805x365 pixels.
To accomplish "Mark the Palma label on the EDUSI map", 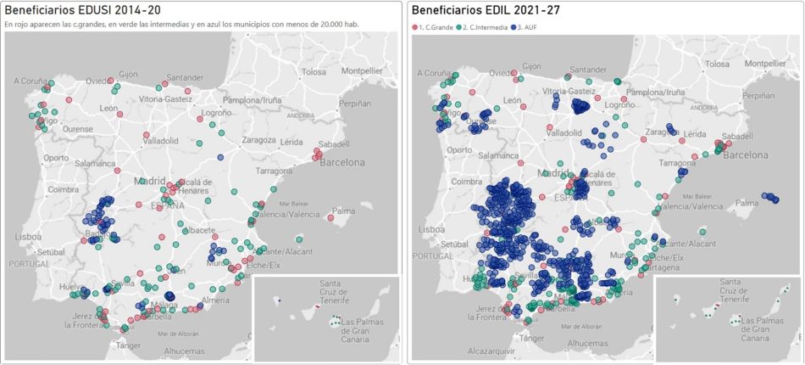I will pos(343,211).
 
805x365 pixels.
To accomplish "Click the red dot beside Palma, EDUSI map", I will pos(330,218).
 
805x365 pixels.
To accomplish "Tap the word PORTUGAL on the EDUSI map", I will pos(30,264).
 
